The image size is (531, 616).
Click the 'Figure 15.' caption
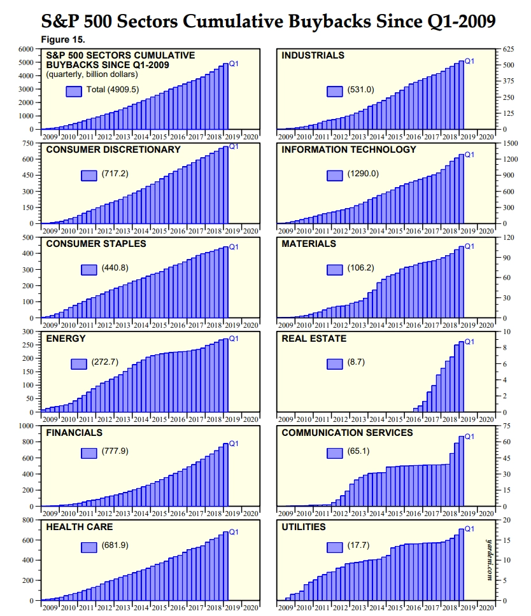tap(64, 39)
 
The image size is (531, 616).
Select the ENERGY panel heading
tap(66, 339)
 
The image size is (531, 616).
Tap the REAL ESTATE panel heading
tap(314, 339)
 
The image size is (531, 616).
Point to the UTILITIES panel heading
tap(304, 527)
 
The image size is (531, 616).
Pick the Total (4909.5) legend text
tap(113, 90)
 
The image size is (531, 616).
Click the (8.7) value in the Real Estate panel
tap(357, 362)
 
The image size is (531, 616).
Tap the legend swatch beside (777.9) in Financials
tap(89, 452)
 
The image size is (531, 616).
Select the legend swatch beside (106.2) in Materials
tap(335, 269)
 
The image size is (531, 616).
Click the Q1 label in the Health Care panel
tap(234, 532)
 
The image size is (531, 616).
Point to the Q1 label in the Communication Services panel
tap(470, 437)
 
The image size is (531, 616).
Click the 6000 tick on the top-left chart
tap(26, 49)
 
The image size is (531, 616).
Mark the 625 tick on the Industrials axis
tap(509, 49)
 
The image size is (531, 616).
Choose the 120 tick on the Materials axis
tap(509, 237)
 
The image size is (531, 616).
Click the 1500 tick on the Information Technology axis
tap(510, 143)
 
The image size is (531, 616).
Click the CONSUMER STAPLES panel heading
tap(96, 244)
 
